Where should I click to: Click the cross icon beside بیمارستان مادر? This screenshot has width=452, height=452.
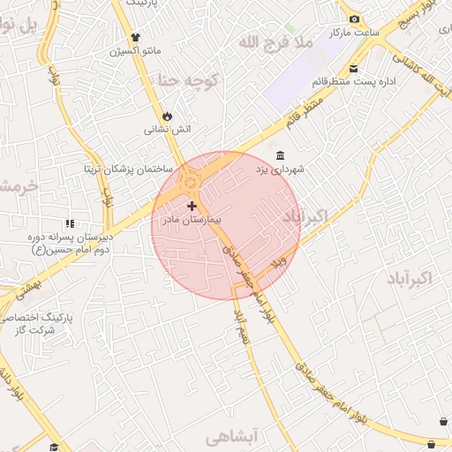coord(192,206)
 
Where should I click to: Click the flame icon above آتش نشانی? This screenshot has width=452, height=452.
coord(167,116)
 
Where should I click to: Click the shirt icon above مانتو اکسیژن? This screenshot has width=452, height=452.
coord(135,37)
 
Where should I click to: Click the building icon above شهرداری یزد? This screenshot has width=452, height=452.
coord(280,155)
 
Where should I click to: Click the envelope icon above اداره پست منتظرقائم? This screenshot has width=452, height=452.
coord(353,69)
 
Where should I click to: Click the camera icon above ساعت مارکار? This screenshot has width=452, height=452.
coord(354,19)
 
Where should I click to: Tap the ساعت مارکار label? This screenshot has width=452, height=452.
coord(354,33)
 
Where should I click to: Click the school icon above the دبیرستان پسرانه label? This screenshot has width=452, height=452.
coord(69,225)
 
